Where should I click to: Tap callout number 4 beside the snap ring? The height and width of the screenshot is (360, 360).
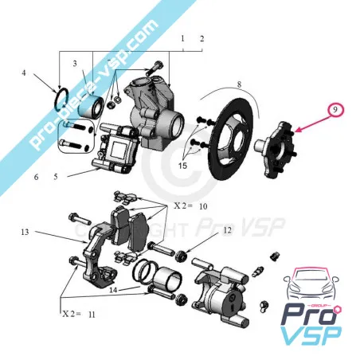pos(24,74)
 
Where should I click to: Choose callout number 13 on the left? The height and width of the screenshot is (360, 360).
pos(25,232)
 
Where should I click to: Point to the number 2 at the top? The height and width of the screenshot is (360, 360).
pos(202,38)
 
